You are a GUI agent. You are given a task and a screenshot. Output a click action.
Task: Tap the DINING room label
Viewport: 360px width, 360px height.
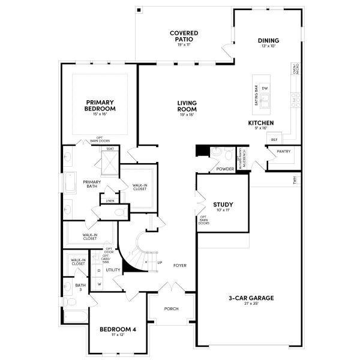(x=269, y=41)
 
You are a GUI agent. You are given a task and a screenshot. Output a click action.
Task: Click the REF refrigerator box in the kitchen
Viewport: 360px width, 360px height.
(x=274, y=139)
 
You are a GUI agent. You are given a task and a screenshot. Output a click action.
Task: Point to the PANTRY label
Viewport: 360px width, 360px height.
(x=283, y=151)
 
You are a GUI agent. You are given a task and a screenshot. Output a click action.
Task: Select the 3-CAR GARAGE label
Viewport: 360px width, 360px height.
(x=248, y=298)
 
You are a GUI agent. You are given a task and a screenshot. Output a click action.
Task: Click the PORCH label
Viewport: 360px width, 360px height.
(x=172, y=309)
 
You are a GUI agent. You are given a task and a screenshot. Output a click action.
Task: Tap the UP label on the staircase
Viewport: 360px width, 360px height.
(x=159, y=262)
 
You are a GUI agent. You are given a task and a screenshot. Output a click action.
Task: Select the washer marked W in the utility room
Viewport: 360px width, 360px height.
(x=99, y=283)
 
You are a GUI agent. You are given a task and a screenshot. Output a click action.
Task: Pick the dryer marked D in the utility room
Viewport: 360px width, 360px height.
(x=99, y=271)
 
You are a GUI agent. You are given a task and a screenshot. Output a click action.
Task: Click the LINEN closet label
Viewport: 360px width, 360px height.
(x=110, y=201)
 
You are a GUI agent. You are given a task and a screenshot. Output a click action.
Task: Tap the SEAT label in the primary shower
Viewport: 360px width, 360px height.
(x=110, y=148)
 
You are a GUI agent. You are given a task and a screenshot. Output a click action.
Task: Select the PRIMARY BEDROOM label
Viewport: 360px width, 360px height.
(x=100, y=106)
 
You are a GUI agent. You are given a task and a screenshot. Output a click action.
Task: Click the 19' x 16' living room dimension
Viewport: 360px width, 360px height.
(x=187, y=115)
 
